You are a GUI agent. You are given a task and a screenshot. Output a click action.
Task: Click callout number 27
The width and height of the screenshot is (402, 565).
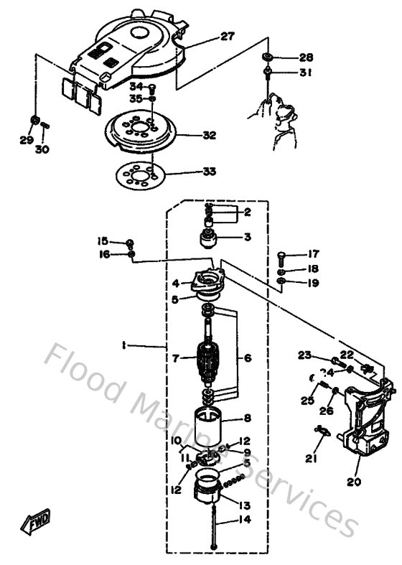point(227,37)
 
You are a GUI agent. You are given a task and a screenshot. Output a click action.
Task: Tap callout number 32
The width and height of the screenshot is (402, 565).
point(209,134)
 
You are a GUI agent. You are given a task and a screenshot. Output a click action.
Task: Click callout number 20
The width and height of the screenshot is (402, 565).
point(353,482)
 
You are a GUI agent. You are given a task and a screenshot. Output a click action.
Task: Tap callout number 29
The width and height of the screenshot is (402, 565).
point(26,140)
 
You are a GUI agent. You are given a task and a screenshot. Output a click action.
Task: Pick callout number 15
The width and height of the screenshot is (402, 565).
point(103,241)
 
